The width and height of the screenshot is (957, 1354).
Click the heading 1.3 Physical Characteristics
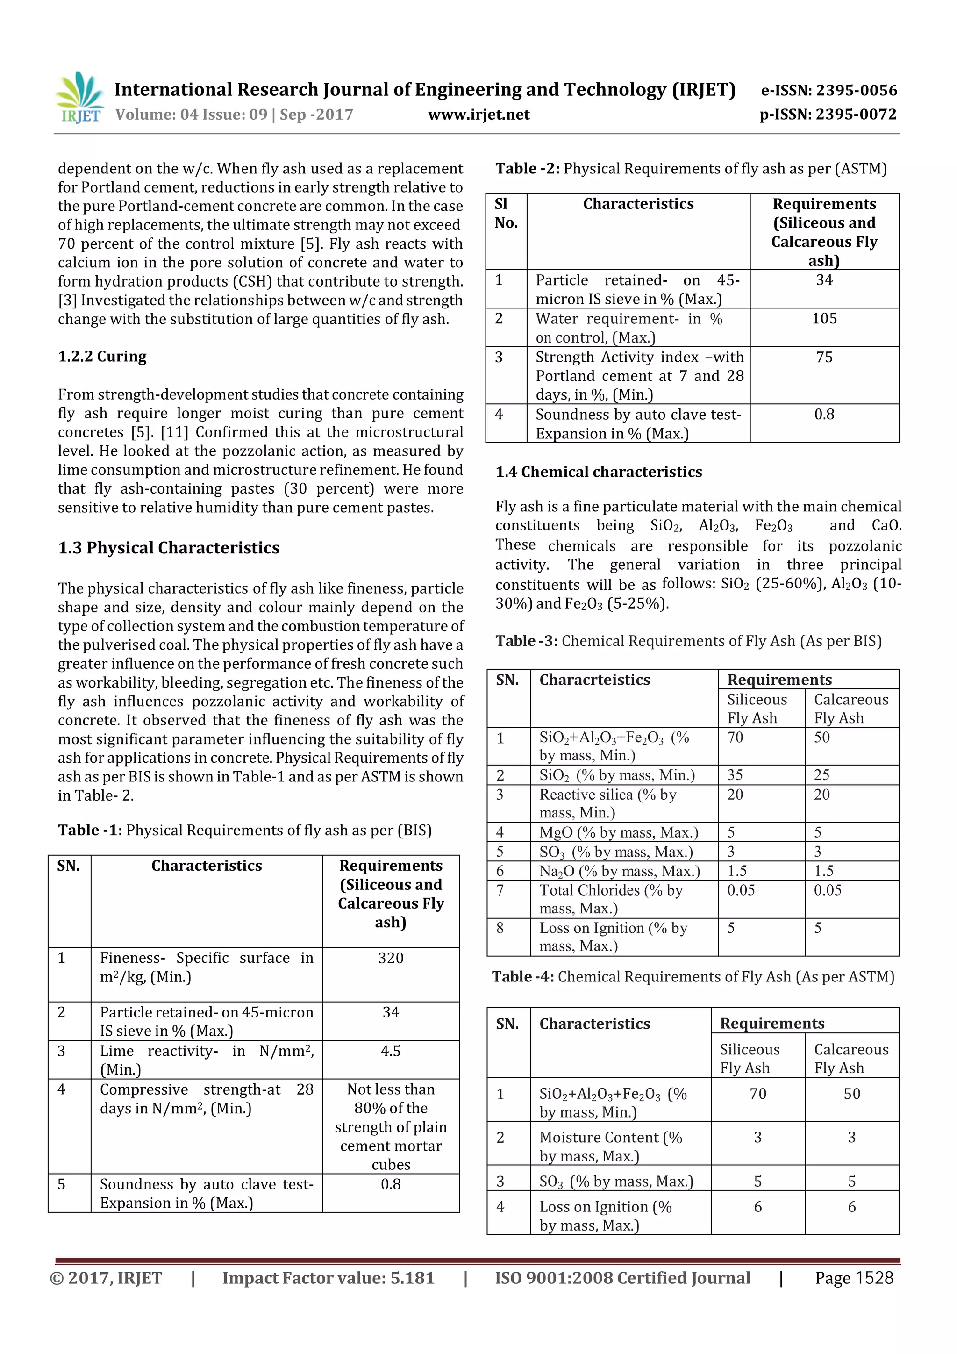pos(169,548)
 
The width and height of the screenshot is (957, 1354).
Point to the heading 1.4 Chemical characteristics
pos(598,472)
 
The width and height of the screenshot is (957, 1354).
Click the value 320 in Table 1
pos(390,958)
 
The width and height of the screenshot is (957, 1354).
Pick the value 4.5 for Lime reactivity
pos(390,1051)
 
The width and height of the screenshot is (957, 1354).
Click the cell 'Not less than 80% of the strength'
pos(390,1126)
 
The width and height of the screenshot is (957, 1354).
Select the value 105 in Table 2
pos(824,318)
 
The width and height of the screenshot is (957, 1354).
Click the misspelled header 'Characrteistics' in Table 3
pos(594,680)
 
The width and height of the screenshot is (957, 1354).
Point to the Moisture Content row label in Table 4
pos(610,1146)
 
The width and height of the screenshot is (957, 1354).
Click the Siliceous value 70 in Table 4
pos(757,1094)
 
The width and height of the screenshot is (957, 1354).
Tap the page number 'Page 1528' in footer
pos(854,1278)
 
